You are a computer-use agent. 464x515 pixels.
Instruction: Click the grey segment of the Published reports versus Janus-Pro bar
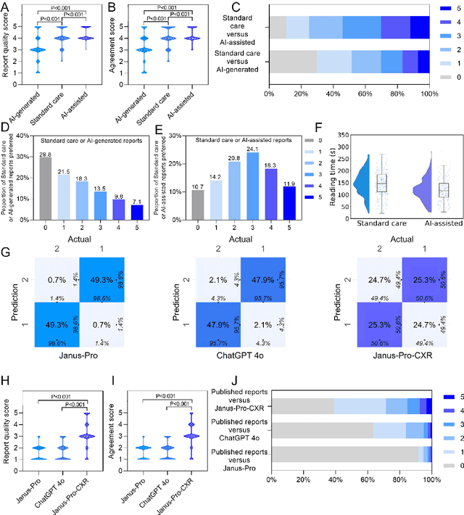pos(348,455)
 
